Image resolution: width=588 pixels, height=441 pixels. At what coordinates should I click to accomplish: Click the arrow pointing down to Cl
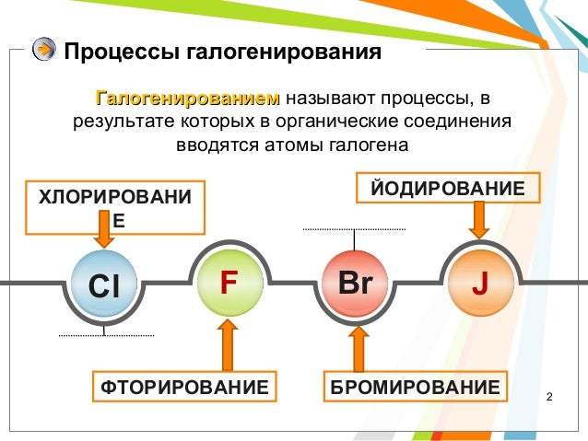tap(104, 238)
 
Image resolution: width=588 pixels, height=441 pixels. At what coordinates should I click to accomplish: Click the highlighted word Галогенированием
tap(187, 98)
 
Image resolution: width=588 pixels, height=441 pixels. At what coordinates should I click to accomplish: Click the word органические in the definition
tap(360, 122)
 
